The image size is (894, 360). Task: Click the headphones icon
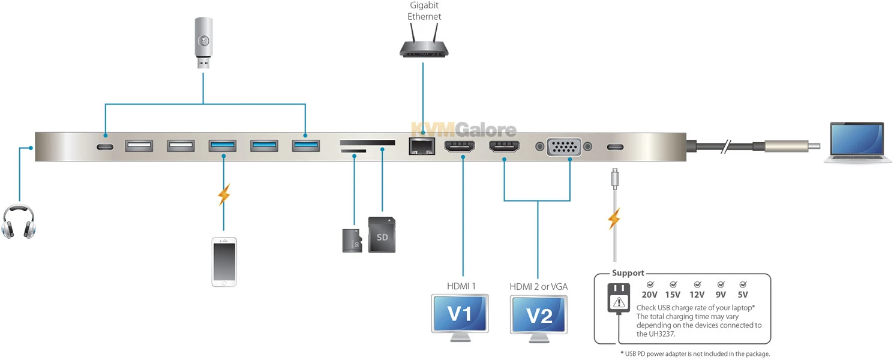[x=19, y=221]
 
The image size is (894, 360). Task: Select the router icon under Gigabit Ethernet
[x=424, y=47]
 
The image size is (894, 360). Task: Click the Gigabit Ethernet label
[x=424, y=11]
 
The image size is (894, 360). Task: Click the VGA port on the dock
[x=563, y=146]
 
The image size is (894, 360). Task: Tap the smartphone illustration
[x=224, y=262]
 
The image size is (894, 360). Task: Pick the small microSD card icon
[x=352, y=240]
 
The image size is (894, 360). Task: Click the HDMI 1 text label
[x=461, y=286]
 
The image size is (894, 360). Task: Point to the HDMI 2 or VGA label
[x=538, y=286]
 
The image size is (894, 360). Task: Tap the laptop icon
[x=856, y=143]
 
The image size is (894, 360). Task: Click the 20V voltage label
[x=650, y=295]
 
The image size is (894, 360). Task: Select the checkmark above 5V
[x=743, y=284]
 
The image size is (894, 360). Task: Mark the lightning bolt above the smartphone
[x=224, y=195]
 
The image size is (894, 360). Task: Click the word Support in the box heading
[x=628, y=273]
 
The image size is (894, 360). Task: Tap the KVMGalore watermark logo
[x=463, y=130]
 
